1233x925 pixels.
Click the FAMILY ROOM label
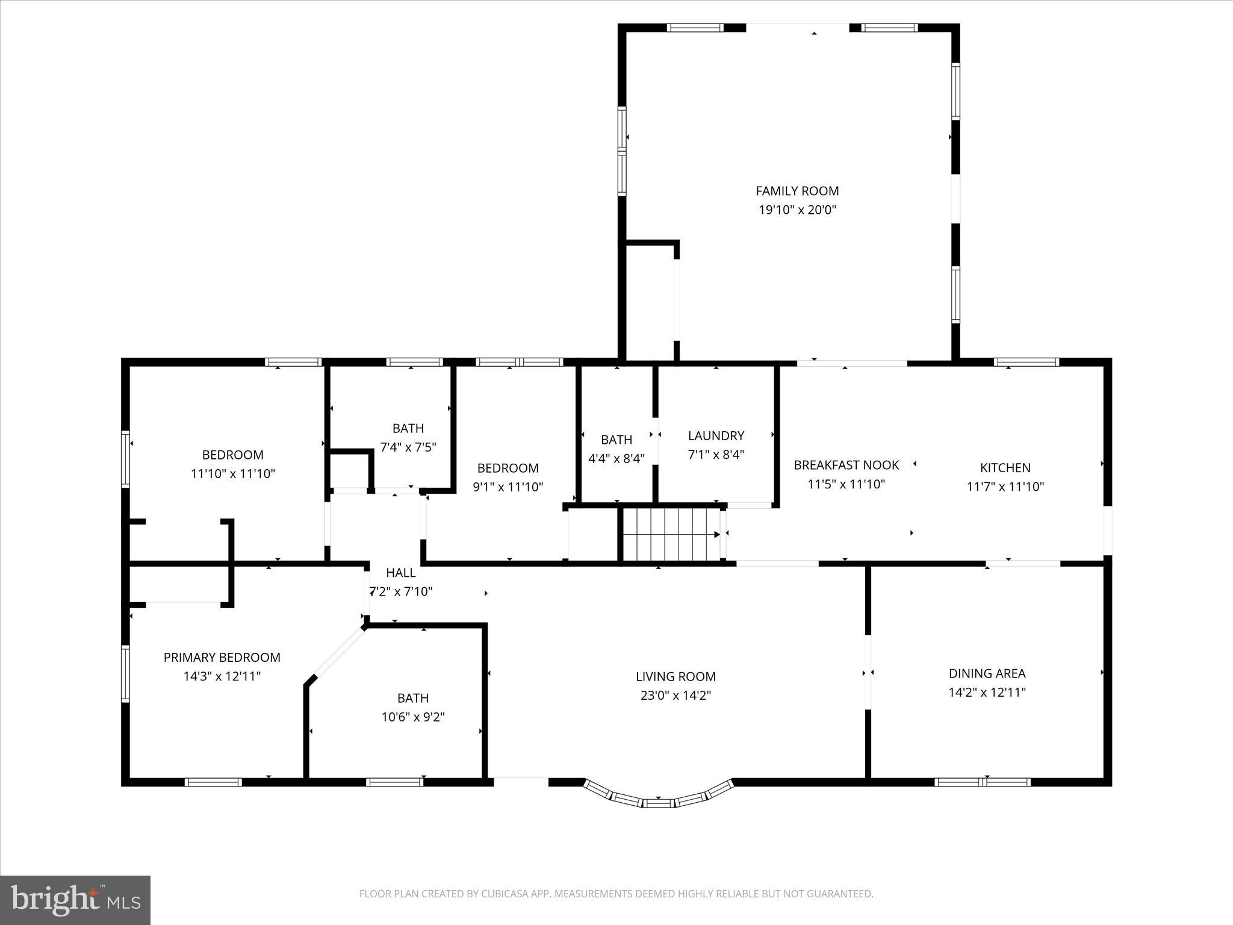(x=797, y=191)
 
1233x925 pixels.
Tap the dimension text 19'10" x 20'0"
(x=797, y=210)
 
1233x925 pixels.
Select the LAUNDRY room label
(x=716, y=435)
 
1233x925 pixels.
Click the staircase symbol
(x=671, y=534)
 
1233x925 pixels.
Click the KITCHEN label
(x=1005, y=467)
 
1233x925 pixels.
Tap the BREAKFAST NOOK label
(x=846, y=465)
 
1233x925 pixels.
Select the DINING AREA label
(x=987, y=673)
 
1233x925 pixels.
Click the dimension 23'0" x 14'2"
(x=676, y=696)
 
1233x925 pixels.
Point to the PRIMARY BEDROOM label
(x=222, y=658)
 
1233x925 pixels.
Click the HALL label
(x=400, y=573)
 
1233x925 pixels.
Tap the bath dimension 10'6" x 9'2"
(x=413, y=717)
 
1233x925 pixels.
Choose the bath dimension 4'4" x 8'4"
(x=616, y=458)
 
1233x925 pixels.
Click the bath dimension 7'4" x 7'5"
(x=408, y=447)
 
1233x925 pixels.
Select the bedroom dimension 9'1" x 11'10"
(x=508, y=487)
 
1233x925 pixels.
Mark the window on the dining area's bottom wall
(x=983, y=782)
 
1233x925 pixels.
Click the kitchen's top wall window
(x=1026, y=362)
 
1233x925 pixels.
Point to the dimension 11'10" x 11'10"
(x=232, y=474)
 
